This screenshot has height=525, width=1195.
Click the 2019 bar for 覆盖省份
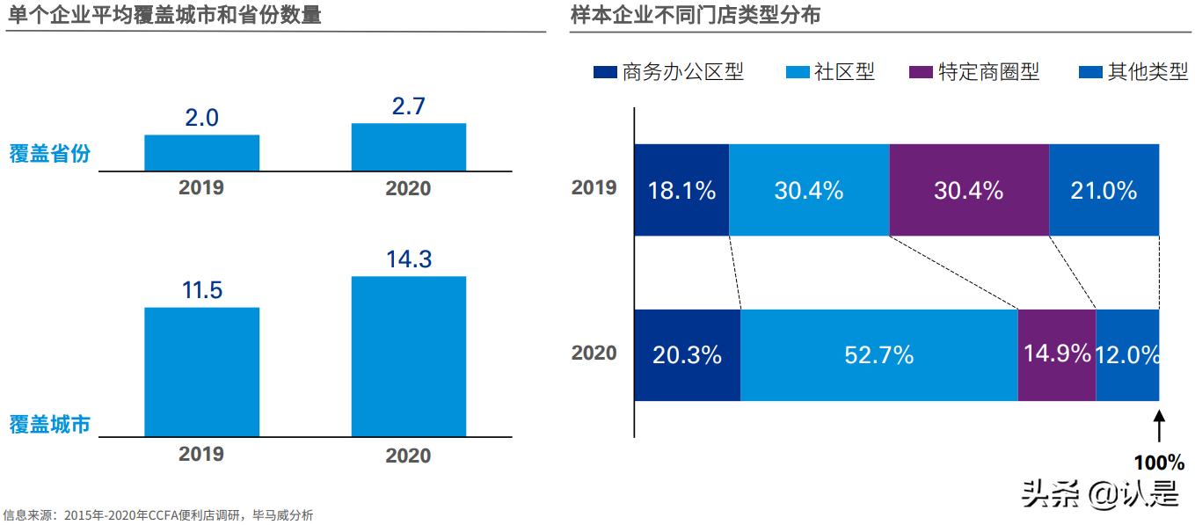coord(201,153)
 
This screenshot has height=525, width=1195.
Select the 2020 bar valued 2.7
coord(408,147)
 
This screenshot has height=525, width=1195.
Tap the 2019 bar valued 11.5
coord(201,371)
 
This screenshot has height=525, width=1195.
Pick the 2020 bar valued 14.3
coord(408,356)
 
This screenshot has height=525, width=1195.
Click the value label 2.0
coord(201,118)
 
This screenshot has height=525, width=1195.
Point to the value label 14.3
coord(408,260)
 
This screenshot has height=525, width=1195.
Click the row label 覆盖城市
coord(50,425)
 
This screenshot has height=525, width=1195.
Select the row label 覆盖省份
coord(50,153)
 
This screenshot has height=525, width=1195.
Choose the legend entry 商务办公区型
coord(669,72)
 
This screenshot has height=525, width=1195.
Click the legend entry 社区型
coord(830,72)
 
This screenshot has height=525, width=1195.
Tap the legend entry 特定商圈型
coord(974,72)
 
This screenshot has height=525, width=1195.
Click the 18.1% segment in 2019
coord(681,190)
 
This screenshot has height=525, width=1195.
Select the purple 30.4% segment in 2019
coord(968,190)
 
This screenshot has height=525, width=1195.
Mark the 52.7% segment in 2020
coord(878,354)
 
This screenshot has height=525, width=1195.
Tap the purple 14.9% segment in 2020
coord(1056,354)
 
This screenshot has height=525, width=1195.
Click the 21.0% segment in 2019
coord(1104,190)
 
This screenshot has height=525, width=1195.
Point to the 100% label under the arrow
coord(1158,463)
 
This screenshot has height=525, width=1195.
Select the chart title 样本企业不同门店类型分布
coord(695,15)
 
